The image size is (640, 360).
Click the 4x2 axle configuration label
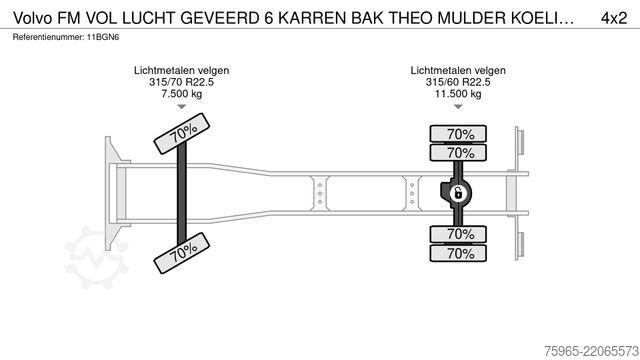pos(613,18)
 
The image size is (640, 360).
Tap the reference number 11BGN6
pos(103,38)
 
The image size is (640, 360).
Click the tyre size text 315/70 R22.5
pos(181,82)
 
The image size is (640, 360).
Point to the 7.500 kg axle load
pos(181,94)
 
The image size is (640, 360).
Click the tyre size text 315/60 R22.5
pos(458,82)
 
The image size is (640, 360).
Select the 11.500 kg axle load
pos(458,94)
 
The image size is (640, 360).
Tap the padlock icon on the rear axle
pos(458,193)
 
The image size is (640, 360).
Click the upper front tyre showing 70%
pos(182,133)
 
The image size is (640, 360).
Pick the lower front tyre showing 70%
pos(182,253)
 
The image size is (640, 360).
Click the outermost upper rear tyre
pos(458,134)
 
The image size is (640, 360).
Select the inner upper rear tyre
pos(458,153)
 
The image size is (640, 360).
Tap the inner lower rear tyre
pos(458,234)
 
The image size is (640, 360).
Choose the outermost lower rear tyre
pos(458,253)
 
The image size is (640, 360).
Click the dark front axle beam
pos(182,193)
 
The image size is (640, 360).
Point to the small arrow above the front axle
pos(182,107)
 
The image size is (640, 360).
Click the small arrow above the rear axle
pos(458,107)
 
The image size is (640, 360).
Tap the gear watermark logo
pos(97,258)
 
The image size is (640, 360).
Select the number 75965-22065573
pos(591,351)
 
